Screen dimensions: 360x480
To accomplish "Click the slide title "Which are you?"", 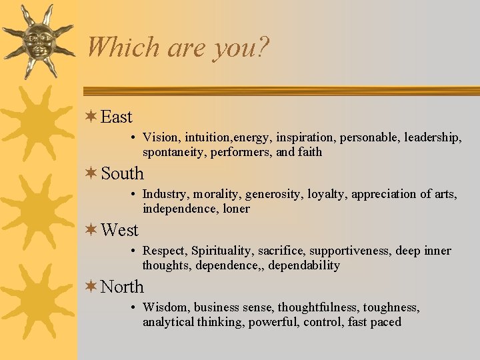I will (178, 47).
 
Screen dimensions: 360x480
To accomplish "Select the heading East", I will (117, 117).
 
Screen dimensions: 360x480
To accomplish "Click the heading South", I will (123, 174).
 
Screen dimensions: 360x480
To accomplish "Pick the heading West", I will (119, 231).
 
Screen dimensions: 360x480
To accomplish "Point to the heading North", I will (123, 287).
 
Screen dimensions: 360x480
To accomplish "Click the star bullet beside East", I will (92, 117).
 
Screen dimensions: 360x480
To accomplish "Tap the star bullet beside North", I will (92, 287).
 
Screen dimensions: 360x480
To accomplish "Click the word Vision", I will (161, 137).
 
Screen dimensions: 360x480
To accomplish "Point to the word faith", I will (309, 152).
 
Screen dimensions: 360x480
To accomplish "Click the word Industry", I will (165, 195).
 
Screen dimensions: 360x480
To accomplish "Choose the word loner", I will (236, 209).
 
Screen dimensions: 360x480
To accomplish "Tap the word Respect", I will (165, 251).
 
